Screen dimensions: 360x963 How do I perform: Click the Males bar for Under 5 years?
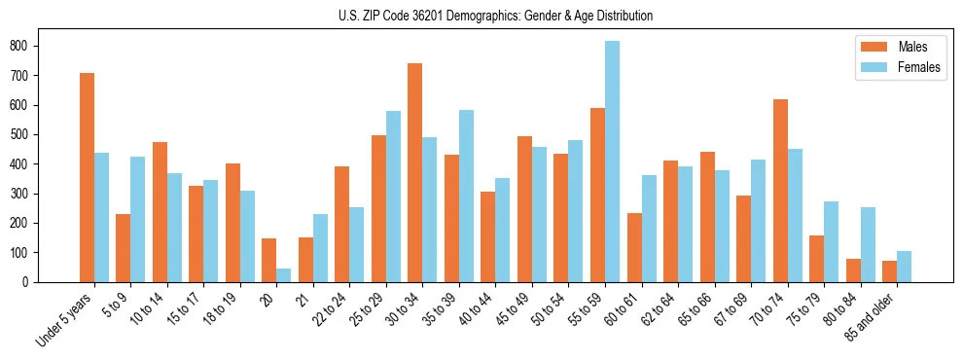[87, 177]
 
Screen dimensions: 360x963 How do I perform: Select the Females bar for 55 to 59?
[612, 162]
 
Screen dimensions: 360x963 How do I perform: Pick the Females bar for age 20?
[284, 275]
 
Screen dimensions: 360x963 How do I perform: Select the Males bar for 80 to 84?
[853, 270]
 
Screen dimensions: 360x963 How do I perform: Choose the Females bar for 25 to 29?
[393, 197]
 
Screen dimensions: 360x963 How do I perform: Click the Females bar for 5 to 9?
[138, 219]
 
